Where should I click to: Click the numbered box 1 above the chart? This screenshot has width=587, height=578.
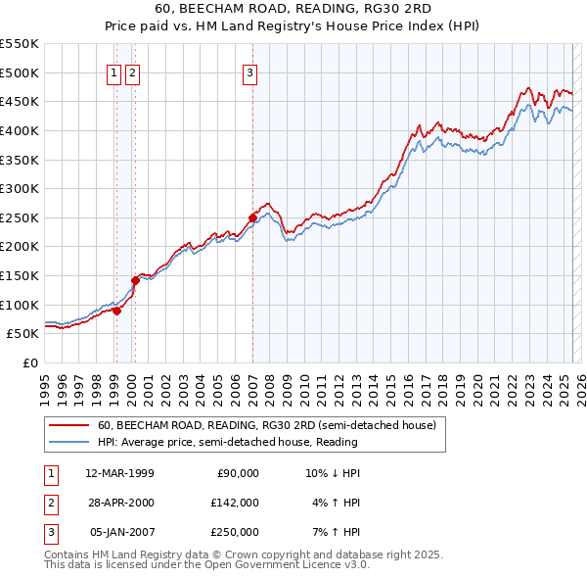[x=114, y=72]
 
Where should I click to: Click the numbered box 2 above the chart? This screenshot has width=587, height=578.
[x=132, y=72]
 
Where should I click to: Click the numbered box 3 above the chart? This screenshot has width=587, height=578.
[x=250, y=72]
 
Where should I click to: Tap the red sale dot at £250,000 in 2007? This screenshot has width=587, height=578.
[x=252, y=217]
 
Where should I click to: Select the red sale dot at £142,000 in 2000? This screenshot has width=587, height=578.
[x=136, y=280]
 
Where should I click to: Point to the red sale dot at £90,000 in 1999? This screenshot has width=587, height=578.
[x=116, y=311]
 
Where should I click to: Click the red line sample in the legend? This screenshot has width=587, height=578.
[x=70, y=424]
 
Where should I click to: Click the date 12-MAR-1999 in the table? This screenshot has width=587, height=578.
[x=120, y=473]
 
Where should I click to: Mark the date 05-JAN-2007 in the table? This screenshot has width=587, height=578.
[x=120, y=532]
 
